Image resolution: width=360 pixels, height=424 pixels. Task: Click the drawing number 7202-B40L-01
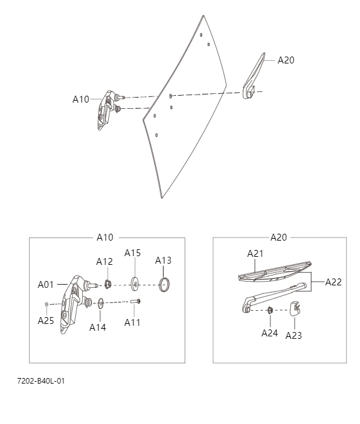(x=40, y=380)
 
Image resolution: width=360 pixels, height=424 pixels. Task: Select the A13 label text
(x=163, y=260)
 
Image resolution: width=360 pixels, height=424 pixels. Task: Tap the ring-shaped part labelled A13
(x=164, y=285)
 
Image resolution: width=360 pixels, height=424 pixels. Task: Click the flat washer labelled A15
(x=133, y=285)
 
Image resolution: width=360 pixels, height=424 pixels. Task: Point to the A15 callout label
(x=132, y=252)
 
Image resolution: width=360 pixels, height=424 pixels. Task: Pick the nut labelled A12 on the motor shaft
(x=108, y=285)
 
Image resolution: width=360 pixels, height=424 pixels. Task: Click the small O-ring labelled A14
(x=100, y=304)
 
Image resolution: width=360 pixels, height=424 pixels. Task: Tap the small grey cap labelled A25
(x=46, y=304)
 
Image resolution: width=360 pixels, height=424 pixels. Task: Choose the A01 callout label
(x=46, y=284)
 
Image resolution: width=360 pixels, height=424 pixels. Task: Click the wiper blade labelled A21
(x=274, y=270)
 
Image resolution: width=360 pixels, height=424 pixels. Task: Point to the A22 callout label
(x=333, y=282)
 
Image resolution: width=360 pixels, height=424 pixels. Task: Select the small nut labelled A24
(x=270, y=310)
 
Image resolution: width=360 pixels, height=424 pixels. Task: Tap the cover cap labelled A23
(x=295, y=308)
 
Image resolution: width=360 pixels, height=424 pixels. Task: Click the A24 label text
(x=269, y=333)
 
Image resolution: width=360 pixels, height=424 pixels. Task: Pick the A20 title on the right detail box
(x=279, y=237)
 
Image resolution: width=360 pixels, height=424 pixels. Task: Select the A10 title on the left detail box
(x=105, y=237)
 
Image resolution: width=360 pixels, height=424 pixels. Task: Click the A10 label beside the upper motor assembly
(x=81, y=99)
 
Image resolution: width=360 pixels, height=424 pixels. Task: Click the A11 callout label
(x=132, y=322)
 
